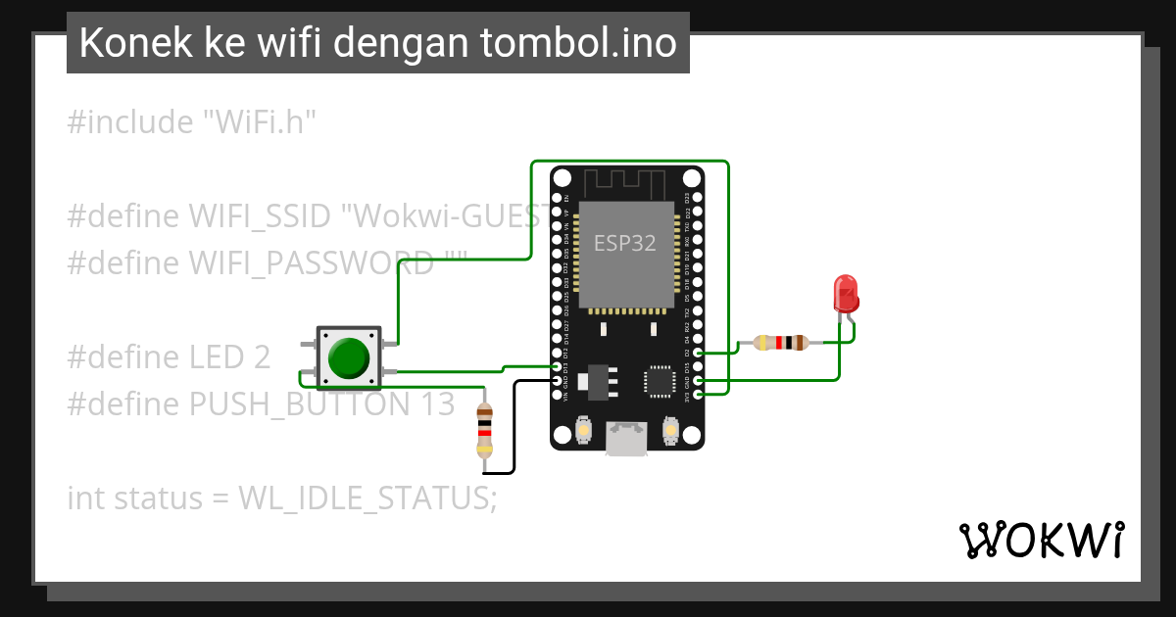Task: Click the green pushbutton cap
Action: point(349,357)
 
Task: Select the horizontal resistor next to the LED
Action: point(781,343)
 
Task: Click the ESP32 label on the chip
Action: point(625,241)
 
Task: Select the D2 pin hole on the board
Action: point(697,353)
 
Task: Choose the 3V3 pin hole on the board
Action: point(697,394)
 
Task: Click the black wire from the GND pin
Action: point(514,431)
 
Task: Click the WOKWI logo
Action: point(1040,540)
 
